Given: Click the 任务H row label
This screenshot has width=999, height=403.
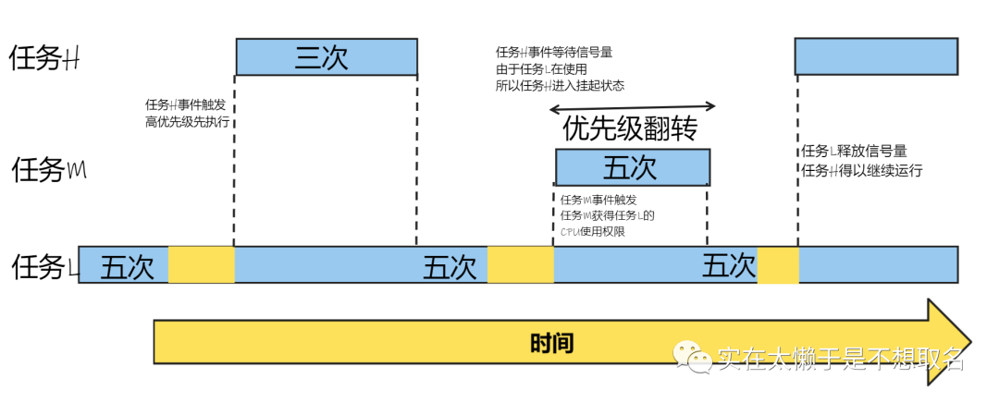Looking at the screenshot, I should coord(44,58).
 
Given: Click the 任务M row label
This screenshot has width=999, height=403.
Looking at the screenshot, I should coord(48,170).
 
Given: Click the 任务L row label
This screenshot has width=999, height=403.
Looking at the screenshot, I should coord(43,267).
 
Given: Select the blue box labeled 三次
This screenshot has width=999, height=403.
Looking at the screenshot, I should coord(326,56).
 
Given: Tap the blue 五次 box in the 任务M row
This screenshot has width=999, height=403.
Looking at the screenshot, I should coord(633,167).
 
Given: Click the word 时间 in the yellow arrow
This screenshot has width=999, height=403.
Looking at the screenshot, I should coord(552,344).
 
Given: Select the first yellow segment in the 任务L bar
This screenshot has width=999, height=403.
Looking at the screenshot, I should coord(201,264).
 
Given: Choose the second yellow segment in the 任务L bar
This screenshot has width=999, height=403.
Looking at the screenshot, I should coord(520,264).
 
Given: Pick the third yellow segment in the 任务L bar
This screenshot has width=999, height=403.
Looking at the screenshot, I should coord(778,264).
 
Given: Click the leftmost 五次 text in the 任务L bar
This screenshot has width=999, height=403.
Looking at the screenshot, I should coord(127,266).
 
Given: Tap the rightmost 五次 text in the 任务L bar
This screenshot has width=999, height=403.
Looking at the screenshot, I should coord(729,266).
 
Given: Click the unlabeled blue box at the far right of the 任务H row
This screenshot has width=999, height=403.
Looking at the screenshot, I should coord(875,56).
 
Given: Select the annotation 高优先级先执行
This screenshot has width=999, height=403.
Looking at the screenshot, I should coord(187,122).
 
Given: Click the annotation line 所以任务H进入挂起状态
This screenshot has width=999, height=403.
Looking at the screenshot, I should coord(560,86).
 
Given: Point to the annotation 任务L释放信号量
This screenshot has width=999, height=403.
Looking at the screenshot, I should coord(853,152).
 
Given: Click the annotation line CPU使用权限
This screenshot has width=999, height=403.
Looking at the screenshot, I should coord(592,231).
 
